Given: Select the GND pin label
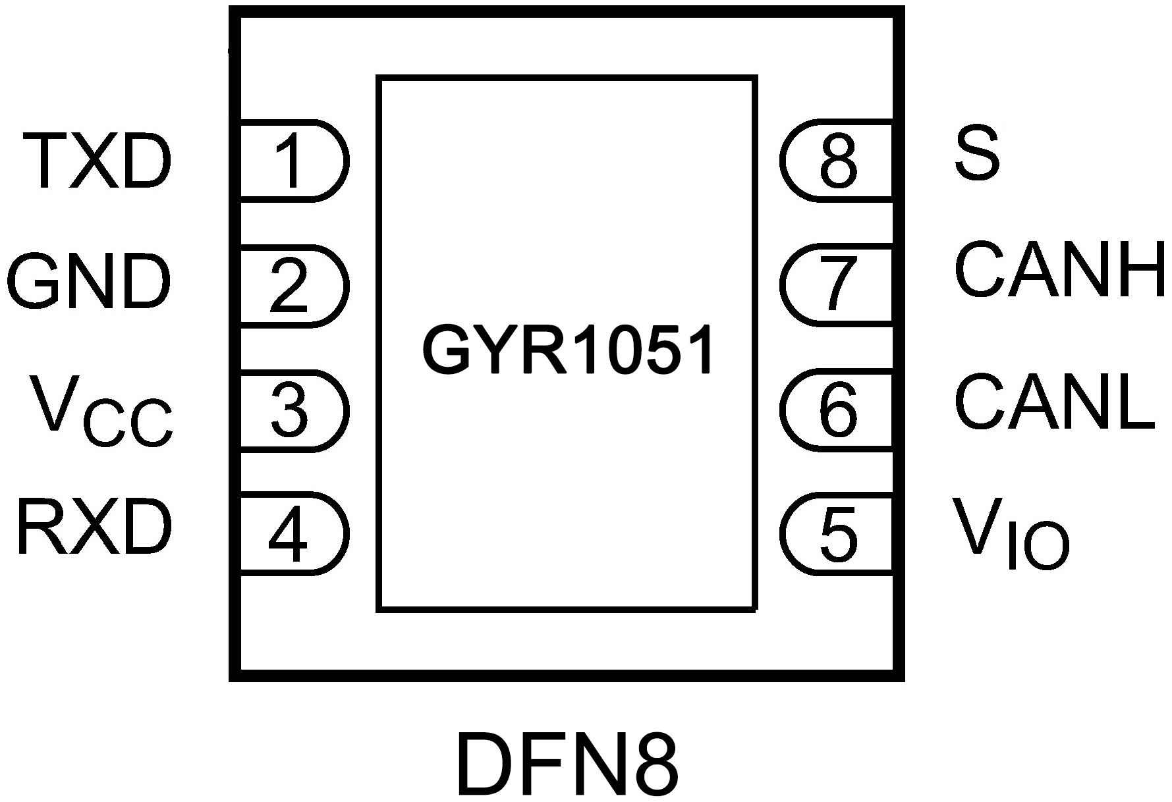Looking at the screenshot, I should point(88,283).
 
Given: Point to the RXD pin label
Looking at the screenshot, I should point(94,528).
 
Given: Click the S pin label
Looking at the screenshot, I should point(977,155).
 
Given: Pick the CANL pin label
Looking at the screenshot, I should point(1053,402).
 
